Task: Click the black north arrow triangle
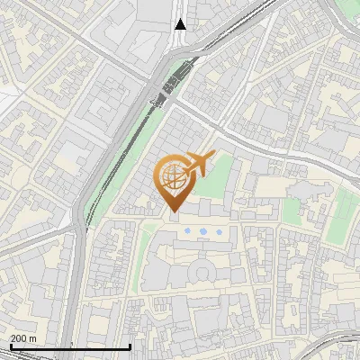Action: (181, 24)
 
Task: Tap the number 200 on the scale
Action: (19, 338)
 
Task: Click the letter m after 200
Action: (33, 338)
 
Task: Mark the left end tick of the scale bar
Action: (10, 346)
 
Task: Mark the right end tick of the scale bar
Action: (130, 346)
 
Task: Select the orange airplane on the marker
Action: (199, 164)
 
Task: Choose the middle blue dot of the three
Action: (202, 232)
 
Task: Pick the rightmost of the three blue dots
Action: (219, 232)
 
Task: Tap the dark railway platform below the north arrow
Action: (173, 81)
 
